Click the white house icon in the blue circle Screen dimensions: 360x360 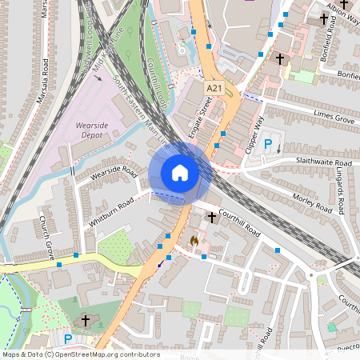coord(180,173)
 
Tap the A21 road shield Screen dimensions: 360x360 coord(214,87)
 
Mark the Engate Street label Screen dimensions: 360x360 coord(198,117)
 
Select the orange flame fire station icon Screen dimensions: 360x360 coord(193,239)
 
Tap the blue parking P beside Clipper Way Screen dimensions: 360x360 coord(269,145)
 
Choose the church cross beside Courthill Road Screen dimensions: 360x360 coord(212,217)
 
